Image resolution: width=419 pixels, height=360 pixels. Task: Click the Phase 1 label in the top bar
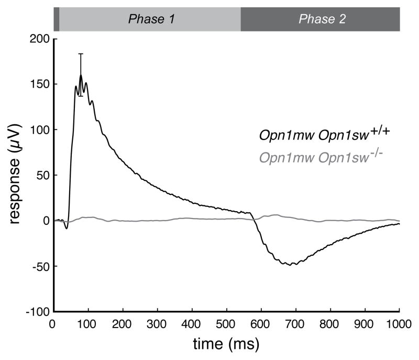[151, 20]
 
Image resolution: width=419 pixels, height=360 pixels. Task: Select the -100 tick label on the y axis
[38, 312]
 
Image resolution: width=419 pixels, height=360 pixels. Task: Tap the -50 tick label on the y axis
[40, 266]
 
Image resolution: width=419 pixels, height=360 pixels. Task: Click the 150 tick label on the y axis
[40, 84]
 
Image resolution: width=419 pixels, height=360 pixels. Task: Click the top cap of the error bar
[81, 53]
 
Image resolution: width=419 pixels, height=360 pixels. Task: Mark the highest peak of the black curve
[81, 75]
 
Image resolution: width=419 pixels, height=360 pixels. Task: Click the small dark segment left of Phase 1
[57, 20]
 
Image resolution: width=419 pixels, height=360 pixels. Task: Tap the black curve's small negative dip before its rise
[67, 228]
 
